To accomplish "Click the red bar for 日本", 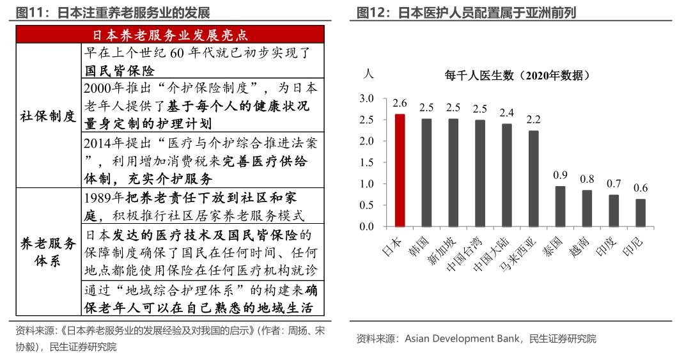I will pyautogui.click(x=400, y=170).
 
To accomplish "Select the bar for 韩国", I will pyautogui.click(x=426, y=173).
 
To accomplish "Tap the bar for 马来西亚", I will pyautogui.click(x=533, y=178).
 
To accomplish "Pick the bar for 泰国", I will pyautogui.click(x=560, y=206).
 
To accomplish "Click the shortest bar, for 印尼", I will pyautogui.click(x=640, y=213).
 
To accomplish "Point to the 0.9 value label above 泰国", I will pyautogui.click(x=560, y=175).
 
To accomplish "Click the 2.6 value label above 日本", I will pyautogui.click(x=400, y=103).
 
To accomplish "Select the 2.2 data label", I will pyautogui.click(x=533, y=120).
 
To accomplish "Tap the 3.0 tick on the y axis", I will pyautogui.click(x=366, y=98).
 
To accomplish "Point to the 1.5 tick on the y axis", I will pyautogui.click(x=366, y=162).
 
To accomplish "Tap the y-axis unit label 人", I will pyautogui.click(x=368, y=74).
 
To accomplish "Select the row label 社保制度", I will pyautogui.click(x=48, y=116).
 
